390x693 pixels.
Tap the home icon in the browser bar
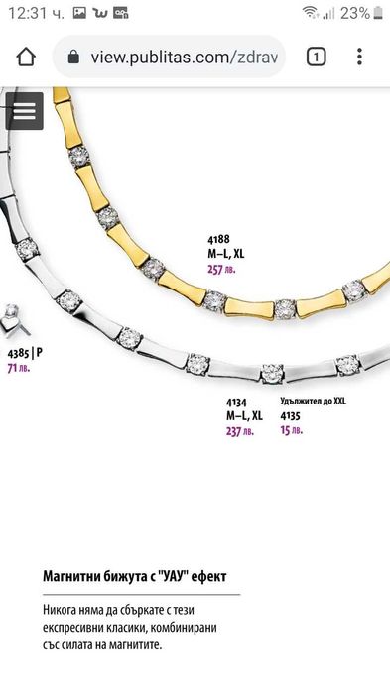point(26,58)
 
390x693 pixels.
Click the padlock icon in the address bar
point(73,57)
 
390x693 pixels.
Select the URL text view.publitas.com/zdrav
point(185,58)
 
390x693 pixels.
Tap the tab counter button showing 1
point(316,58)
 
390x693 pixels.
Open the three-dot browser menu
point(359,58)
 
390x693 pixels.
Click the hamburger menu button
point(25,111)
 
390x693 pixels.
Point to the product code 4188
point(219,239)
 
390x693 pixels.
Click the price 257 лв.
point(221,269)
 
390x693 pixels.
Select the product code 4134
point(236,403)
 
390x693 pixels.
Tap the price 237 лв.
point(240,431)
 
